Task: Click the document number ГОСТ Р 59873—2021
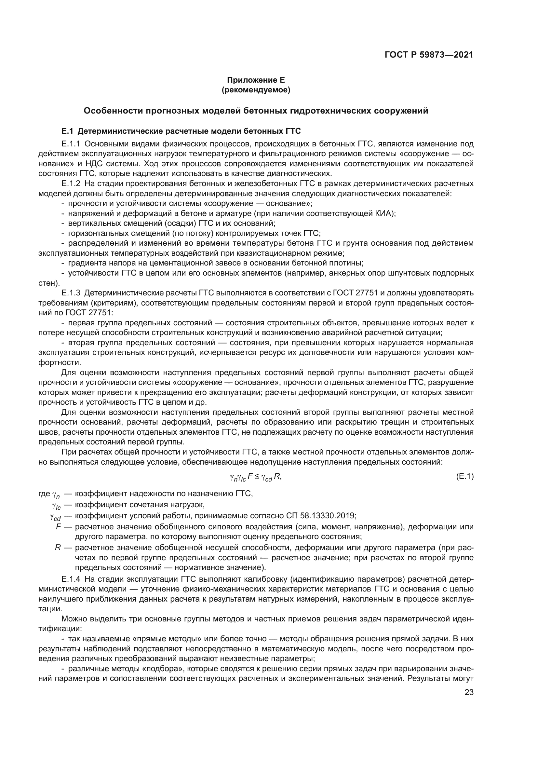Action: click(429, 55)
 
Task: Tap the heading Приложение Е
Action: click(256, 80)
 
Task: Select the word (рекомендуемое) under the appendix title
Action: click(256, 90)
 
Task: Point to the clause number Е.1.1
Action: click(71, 144)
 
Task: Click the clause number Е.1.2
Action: click(71, 183)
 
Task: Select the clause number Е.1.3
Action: click(71, 293)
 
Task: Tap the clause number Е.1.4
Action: click(71, 579)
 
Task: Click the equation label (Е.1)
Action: click(464, 477)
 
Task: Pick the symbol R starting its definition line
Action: click(58, 548)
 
